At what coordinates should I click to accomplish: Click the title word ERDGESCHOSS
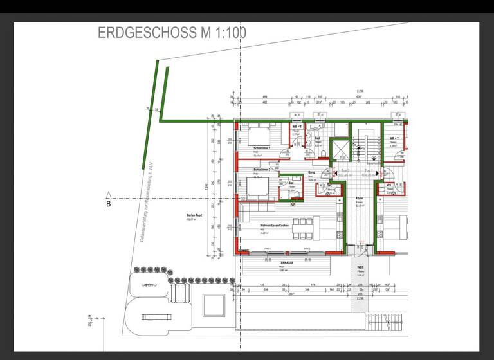coord(143,33)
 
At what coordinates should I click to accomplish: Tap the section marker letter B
coord(108,204)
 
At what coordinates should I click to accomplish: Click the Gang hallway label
coord(311,173)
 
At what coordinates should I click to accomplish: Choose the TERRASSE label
coord(286,263)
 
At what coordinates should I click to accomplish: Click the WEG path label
coord(361,267)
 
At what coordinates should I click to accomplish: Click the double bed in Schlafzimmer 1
coord(258,136)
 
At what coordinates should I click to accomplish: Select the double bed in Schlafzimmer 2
coord(257,187)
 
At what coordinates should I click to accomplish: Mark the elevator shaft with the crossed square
coord(338,150)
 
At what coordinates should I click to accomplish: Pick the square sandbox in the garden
coord(211,303)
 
